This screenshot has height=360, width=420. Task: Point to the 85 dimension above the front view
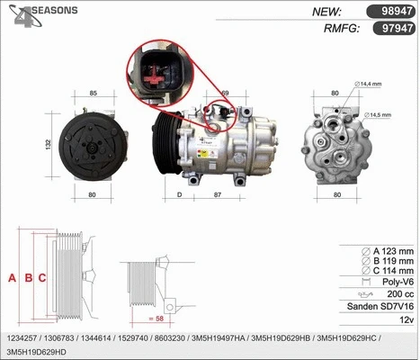93,94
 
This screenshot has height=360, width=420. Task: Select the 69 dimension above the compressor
225,94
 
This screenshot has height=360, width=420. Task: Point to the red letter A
12,278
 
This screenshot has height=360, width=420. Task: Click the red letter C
42,278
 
